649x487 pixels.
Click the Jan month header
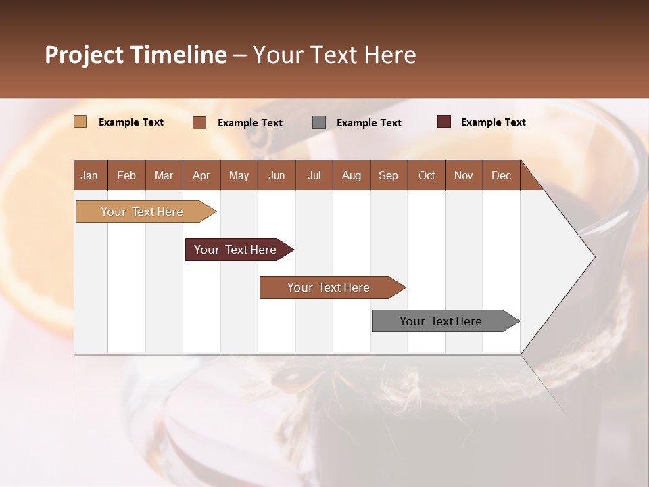click(x=89, y=175)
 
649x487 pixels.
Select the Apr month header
click(x=201, y=175)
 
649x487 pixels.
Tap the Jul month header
click(x=314, y=175)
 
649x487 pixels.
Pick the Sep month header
click(x=388, y=175)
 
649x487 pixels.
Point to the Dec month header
click(x=501, y=175)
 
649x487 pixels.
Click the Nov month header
click(x=463, y=175)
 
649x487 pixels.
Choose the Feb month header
click(x=126, y=175)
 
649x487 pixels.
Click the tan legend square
click(x=80, y=122)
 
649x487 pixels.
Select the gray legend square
click(x=319, y=122)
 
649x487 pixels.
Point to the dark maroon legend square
click(x=443, y=122)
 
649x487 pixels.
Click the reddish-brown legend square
click(x=199, y=122)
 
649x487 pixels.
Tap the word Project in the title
click(x=85, y=55)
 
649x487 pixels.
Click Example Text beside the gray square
click(x=368, y=122)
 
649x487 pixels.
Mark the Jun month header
click(x=276, y=175)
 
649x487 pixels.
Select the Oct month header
click(x=426, y=175)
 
